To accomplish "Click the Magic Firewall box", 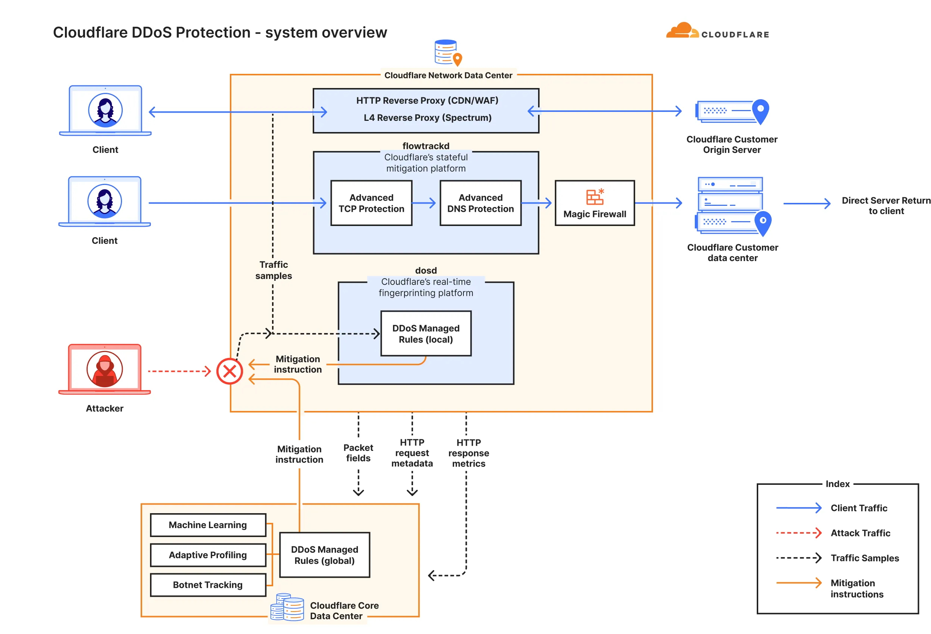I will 594,203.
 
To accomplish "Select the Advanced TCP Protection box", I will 371,203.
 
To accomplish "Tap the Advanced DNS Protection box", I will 480,203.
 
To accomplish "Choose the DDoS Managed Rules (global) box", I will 325,555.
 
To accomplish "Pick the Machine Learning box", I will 207,525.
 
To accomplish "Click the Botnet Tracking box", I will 207,585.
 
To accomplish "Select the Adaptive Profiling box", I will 207,555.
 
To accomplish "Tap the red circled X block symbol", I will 229,371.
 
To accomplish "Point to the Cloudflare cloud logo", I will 682,31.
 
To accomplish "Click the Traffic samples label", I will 274,270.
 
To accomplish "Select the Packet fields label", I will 358,453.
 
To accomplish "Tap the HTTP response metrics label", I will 468,453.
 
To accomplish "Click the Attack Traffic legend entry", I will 860,533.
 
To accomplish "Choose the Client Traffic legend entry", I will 859,508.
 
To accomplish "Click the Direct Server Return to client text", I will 886,205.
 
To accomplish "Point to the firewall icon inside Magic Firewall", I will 595,197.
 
